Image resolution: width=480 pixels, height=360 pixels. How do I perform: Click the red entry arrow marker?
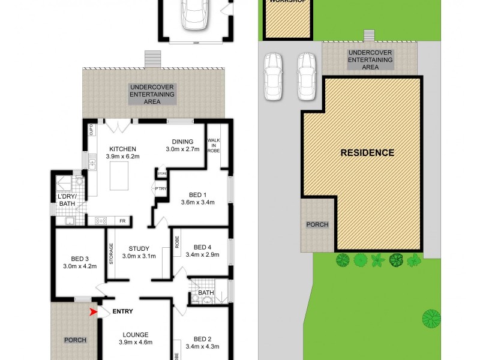[x=92, y=311]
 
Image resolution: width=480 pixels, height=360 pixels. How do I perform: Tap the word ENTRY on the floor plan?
[x=122, y=311]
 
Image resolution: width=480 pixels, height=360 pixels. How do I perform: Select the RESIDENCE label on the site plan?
[x=367, y=152]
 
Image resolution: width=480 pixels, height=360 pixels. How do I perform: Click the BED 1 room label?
[x=197, y=193]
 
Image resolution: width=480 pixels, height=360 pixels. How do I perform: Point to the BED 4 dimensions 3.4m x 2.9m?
[x=203, y=254]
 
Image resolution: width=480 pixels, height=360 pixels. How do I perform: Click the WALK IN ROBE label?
[x=214, y=146]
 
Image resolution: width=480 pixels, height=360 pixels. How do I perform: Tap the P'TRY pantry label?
[x=160, y=189]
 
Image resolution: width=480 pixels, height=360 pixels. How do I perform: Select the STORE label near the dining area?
[x=162, y=173]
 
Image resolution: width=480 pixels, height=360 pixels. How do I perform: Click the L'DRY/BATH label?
[x=67, y=200]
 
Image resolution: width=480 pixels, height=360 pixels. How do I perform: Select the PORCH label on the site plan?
[x=317, y=225]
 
